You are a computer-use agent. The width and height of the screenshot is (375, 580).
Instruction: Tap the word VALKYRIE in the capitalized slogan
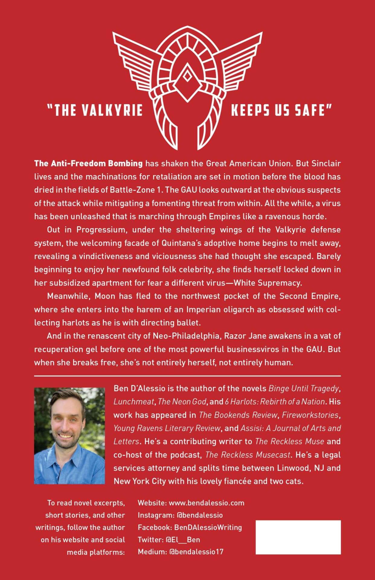tap(112, 110)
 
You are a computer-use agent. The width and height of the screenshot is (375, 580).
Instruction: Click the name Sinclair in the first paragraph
tap(326, 163)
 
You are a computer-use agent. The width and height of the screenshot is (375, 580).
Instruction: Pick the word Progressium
tap(101, 230)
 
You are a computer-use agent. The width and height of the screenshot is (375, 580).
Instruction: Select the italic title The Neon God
tap(182, 401)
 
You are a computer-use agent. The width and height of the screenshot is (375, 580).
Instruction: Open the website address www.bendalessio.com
tap(207, 503)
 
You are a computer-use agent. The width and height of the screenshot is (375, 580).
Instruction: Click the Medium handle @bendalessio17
tap(197, 552)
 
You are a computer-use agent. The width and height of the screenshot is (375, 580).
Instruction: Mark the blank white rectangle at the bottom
tap(298, 537)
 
